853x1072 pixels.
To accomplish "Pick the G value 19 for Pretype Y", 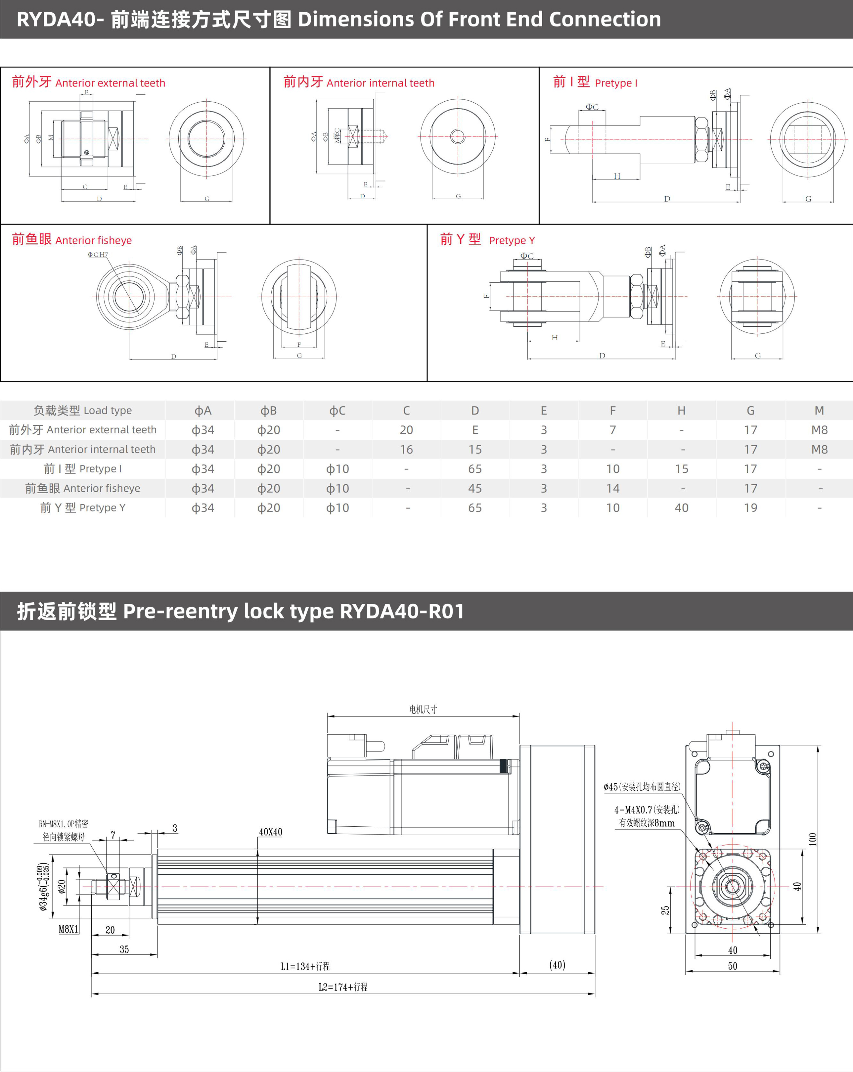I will (x=750, y=508).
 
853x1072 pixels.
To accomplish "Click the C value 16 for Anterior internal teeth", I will (x=406, y=450).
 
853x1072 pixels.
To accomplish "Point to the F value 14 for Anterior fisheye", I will (x=612, y=488).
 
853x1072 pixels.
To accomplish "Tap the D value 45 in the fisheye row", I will (x=474, y=488).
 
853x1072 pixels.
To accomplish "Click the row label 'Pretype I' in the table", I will (x=82, y=469).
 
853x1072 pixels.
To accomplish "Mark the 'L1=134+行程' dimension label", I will (x=305, y=966).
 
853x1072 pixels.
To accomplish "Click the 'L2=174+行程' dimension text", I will (x=343, y=987).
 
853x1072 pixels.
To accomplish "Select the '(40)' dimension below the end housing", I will (x=557, y=965).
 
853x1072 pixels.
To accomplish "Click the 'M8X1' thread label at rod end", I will (x=68, y=929).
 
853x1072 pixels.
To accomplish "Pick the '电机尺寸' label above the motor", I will (x=423, y=709).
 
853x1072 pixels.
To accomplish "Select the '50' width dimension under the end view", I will (x=732, y=966).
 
